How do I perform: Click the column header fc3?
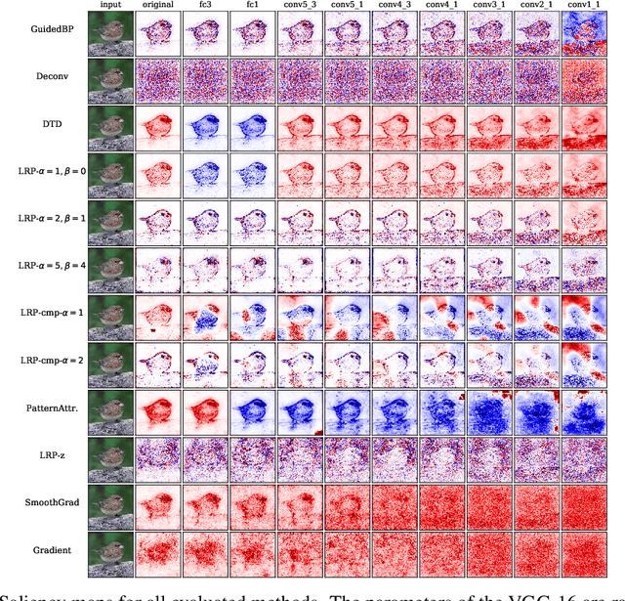point(204,6)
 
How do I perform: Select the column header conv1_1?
point(588,6)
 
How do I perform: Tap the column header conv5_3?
point(300,6)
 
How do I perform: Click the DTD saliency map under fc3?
point(204,127)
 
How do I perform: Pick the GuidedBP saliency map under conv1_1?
point(588,32)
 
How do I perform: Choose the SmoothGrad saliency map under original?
point(156,504)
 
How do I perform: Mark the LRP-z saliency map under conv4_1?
point(444,457)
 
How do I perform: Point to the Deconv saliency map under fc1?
point(252,80)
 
